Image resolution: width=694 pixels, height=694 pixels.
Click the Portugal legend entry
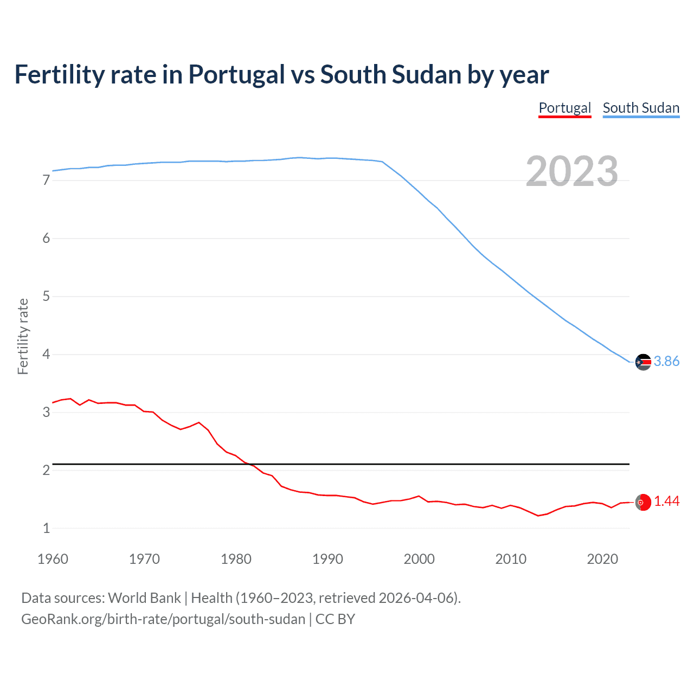point(564,108)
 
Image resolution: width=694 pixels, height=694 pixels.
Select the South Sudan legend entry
point(641,108)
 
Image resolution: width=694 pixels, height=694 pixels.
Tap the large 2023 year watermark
point(571,171)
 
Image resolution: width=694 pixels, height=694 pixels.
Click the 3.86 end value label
point(666,361)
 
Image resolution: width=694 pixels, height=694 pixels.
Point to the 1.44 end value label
point(666,502)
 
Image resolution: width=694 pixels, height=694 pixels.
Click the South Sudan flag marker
point(643,362)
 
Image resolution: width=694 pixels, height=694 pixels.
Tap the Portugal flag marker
point(643,503)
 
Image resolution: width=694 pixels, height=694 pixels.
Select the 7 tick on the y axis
point(46,181)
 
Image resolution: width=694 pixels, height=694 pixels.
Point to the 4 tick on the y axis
point(46,355)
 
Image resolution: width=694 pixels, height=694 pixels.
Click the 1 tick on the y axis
point(46,529)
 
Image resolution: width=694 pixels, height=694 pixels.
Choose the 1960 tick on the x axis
point(53,559)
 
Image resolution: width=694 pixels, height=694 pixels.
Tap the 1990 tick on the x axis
point(327,559)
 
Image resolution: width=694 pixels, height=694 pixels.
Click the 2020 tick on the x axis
point(602,559)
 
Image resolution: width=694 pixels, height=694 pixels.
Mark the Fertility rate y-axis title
point(23,336)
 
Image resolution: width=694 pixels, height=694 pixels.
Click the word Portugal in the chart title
point(236,74)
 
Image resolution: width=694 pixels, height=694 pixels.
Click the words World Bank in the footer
point(144,598)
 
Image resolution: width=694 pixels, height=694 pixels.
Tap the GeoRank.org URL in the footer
point(163,619)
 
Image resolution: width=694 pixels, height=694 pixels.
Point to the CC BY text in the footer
point(335,619)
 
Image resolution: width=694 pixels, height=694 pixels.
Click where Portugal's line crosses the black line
point(249,464)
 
